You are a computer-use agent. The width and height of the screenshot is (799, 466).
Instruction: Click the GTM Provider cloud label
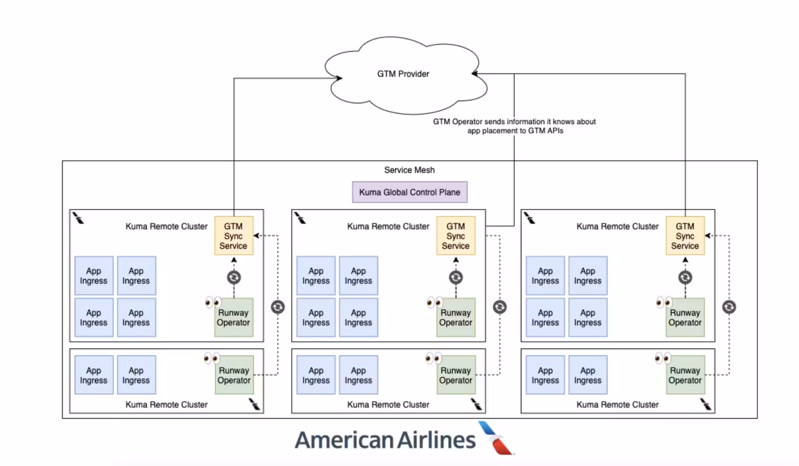tap(403, 74)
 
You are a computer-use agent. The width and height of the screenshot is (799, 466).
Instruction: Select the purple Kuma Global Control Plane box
tap(410, 192)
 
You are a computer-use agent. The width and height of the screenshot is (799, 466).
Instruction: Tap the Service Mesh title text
tap(409, 170)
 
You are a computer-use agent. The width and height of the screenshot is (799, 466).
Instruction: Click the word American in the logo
tap(344, 440)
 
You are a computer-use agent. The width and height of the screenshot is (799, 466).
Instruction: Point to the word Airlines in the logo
tap(437, 440)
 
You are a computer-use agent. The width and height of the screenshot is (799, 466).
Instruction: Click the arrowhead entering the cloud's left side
tap(339, 78)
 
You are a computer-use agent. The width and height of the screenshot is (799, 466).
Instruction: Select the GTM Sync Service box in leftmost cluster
tap(233, 236)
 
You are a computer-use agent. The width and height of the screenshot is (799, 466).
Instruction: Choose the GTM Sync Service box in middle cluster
tap(455, 236)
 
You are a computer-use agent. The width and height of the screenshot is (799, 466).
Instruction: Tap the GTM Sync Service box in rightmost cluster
tap(685, 236)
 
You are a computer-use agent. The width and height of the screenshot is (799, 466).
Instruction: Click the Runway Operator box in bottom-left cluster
tap(234, 375)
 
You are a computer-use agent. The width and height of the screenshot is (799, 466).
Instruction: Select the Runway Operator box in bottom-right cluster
tap(685, 375)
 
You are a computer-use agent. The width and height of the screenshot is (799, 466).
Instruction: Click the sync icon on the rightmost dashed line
tap(729, 307)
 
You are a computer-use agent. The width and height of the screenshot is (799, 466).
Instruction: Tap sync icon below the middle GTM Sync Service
tap(455, 277)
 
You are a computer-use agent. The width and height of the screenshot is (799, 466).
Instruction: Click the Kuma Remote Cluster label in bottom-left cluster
tap(166, 405)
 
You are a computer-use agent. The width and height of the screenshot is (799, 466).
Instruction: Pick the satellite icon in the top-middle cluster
tap(300, 218)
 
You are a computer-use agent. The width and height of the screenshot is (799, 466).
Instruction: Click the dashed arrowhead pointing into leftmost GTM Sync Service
tap(256, 236)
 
